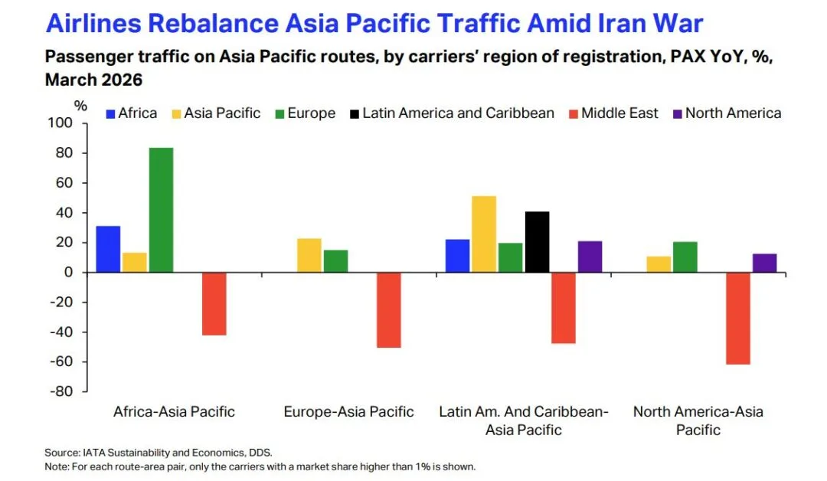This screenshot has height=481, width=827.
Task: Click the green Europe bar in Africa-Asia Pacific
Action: [x=161, y=210]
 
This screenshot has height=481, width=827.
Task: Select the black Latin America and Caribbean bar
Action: [x=537, y=242]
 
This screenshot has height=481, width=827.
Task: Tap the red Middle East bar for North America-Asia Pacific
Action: [x=738, y=319]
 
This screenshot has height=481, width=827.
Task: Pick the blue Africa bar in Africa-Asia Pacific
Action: [x=108, y=249]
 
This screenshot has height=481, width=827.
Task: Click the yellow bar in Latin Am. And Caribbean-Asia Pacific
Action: [x=484, y=234]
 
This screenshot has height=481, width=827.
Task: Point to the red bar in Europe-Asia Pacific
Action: [x=389, y=310]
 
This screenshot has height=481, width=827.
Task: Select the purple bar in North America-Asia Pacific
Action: [x=765, y=263]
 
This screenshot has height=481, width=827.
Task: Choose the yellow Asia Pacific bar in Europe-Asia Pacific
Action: [x=309, y=255]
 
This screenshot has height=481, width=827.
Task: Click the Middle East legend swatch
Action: [x=574, y=114]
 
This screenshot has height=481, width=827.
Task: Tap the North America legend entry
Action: [x=727, y=113]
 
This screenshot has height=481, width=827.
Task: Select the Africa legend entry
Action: [x=132, y=113]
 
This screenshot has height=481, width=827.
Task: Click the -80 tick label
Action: [x=61, y=391]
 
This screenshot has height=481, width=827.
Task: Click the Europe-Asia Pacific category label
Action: [x=348, y=411]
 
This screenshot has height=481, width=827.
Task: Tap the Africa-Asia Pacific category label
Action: [x=174, y=411]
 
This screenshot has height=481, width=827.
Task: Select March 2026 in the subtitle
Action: [x=94, y=80]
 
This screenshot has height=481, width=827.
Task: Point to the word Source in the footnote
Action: [x=62, y=453]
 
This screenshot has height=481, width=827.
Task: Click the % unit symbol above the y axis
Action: [x=80, y=106]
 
